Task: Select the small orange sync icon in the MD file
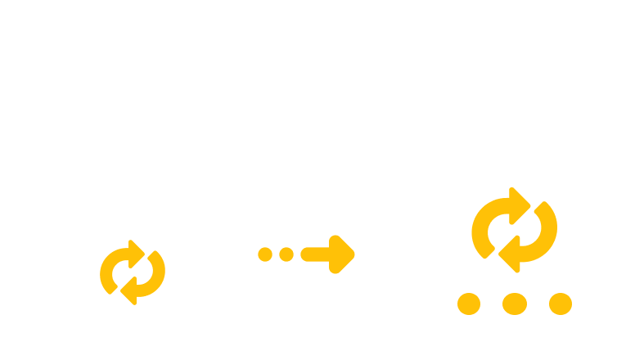click(133, 270)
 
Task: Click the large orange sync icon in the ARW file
click(514, 229)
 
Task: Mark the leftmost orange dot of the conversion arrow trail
click(265, 254)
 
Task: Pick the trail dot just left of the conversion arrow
click(286, 254)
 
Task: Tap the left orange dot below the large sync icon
click(468, 304)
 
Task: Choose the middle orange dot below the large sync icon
click(514, 304)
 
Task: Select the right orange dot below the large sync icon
click(560, 304)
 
